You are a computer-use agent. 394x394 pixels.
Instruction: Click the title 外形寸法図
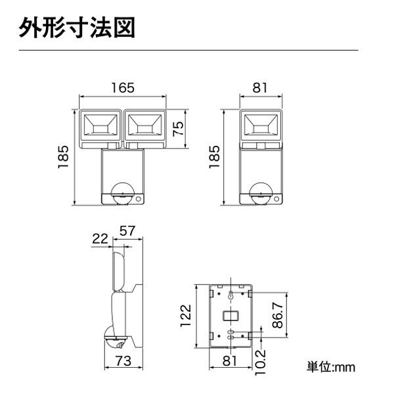point(78,29)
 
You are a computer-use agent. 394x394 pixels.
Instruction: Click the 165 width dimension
point(122,87)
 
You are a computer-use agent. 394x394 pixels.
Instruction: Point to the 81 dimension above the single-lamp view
point(261,87)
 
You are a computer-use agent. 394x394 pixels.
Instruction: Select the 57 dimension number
point(127,230)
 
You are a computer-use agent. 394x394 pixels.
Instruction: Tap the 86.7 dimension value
point(278,315)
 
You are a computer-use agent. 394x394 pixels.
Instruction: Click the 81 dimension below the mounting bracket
point(230,361)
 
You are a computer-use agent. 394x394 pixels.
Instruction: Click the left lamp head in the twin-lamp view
point(100,125)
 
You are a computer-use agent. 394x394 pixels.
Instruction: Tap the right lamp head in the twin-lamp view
point(144,125)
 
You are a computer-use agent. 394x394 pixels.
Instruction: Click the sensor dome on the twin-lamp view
point(123,193)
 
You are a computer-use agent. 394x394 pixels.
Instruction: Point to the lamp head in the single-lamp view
point(261,125)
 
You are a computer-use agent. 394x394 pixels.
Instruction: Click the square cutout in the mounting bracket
point(230,316)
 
